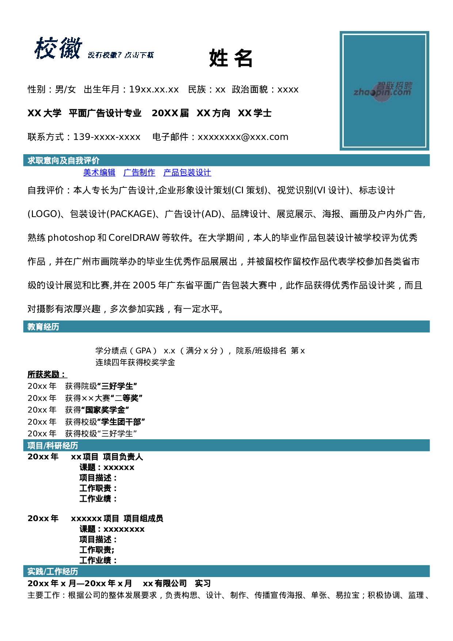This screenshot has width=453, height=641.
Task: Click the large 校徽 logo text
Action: (x=58, y=48)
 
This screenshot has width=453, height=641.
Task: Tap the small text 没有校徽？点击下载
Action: (x=121, y=55)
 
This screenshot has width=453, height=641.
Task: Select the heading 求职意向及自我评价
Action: (x=64, y=160)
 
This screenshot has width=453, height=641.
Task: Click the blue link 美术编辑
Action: (x=99, y=172)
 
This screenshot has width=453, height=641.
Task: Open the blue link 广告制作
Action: (x=139, y=172)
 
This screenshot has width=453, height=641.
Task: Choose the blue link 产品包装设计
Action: (x=187, y=172)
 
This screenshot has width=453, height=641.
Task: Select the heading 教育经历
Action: (x=43, y=327)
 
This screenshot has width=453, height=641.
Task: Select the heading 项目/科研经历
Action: (x=53, y=445)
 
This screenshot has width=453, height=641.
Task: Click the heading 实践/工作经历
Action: (x=53, y=572)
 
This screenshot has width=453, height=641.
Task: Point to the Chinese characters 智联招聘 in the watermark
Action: (x=395, y=86)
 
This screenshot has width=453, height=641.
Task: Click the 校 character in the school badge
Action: (x=46, y=48)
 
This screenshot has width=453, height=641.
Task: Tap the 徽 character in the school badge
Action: (x=71, y=48)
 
